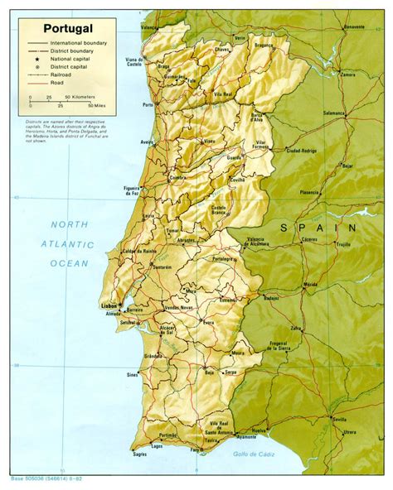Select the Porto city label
(148, 105)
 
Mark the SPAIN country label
(318, 227)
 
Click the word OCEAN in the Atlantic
(68, 263)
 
